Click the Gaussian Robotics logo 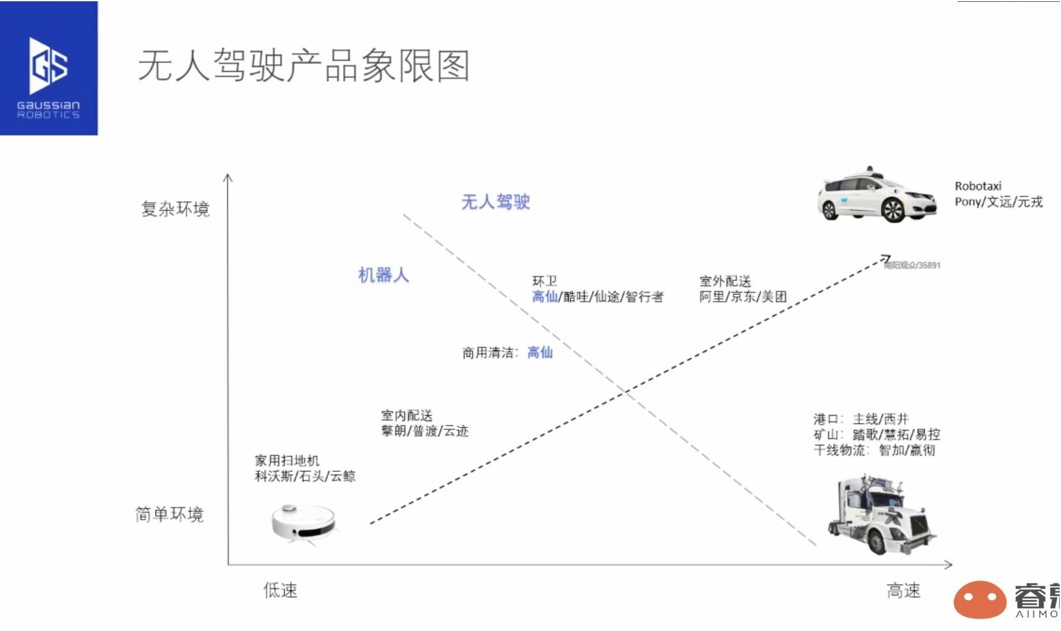[x=48, y=68]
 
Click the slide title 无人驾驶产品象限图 [x=303, y=66]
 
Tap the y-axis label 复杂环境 [x=175, y=209]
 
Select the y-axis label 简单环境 [x=170, y=514]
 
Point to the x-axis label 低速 [x=280, y=590]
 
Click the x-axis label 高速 [x=903, y=591]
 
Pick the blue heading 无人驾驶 [x=495, y=202]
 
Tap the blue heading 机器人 [x=383, y=275]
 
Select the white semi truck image [x=881, y=515]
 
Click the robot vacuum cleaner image [x=304, y=522]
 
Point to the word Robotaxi [x=978, y=186]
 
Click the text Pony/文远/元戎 [x=998, y=202]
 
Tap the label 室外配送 [x=725, y=281]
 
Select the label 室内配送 [x=407, y=415]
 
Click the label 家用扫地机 [x=287, y=461]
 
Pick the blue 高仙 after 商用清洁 [x=540, y=353]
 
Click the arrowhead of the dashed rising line [x=886, y=258]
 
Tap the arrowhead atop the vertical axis [x=228, y=178]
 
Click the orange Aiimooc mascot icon [x=980, y=599]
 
